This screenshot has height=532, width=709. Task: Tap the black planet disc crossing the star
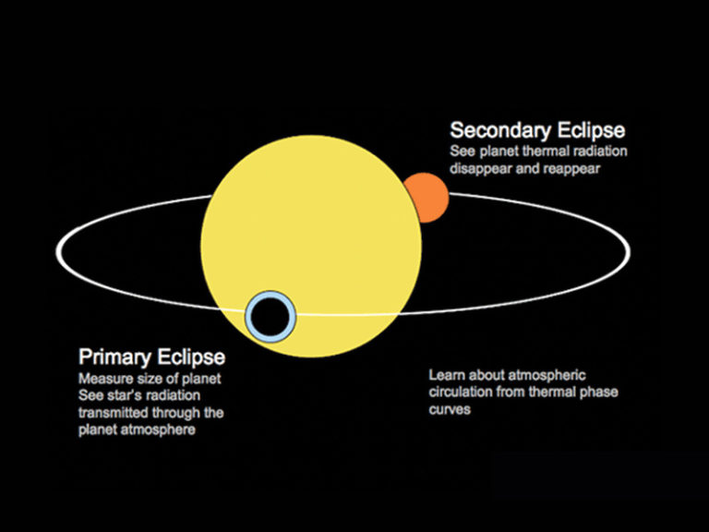pos(270,316)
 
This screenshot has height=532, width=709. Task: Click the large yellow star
pos(314,231)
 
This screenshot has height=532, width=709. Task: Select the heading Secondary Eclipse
pos(537,129)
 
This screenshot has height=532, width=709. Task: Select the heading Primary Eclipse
pos(151,357)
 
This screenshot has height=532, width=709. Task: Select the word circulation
pos(460,392)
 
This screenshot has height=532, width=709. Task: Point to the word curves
pos(450,409)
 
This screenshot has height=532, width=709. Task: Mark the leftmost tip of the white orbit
pos(58,251)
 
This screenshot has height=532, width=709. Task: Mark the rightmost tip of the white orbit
pos(631,250)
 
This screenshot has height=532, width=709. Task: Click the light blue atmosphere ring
pos(250,316)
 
